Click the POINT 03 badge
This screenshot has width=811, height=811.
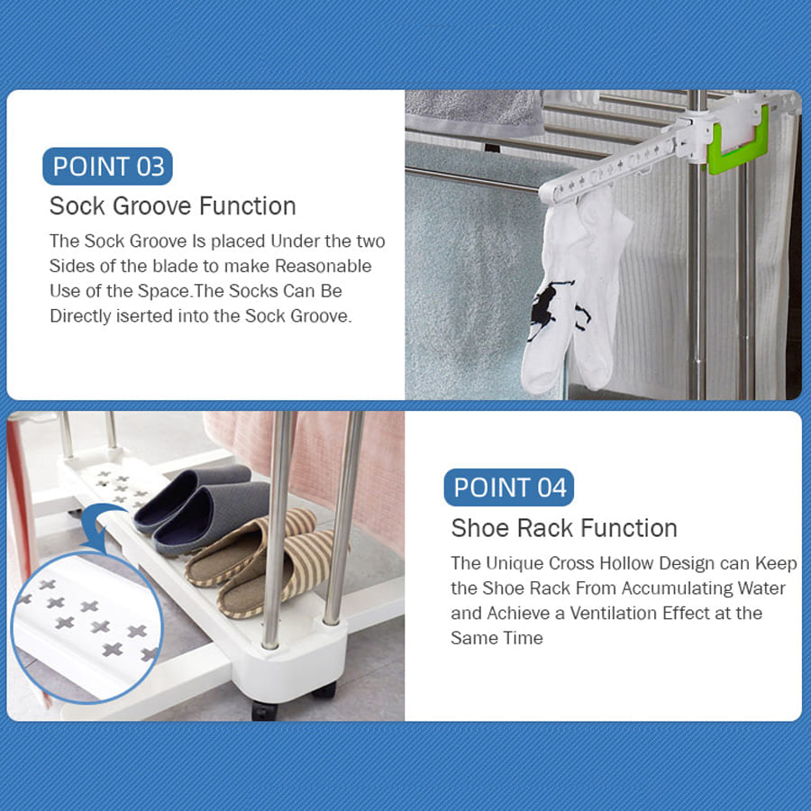[107, 166]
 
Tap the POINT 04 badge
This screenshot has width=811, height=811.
[509, 488]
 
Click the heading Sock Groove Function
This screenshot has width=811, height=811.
[173, 205]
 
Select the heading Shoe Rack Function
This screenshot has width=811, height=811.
[564, 528]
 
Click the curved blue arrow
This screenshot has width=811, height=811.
[101, 525]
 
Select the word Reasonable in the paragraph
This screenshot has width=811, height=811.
[323, 266]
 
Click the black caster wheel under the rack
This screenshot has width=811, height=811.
[265, 710]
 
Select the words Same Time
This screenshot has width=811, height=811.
[497, 638]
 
